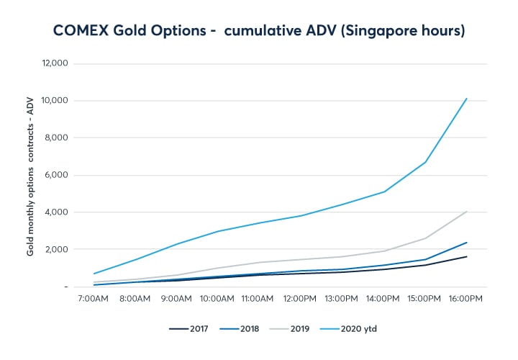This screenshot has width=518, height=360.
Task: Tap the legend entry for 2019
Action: point(288,329)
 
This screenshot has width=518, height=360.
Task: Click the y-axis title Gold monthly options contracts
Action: point(30,176)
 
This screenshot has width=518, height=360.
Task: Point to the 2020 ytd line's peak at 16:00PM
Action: point(467,99)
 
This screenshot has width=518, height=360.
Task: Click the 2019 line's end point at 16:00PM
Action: point(467,212)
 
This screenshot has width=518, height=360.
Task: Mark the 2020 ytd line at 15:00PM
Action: point(426,162)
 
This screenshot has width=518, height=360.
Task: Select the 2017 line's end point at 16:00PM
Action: point(467,256)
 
